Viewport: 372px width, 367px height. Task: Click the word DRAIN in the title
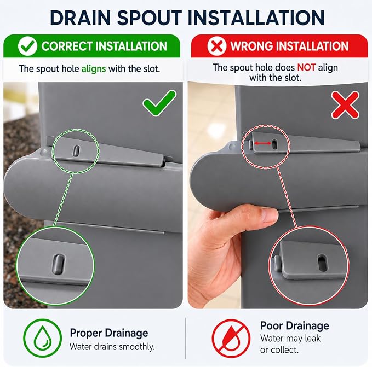[81, 18]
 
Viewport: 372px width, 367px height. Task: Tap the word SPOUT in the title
[150, 18]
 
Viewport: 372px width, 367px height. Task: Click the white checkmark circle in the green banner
[27, 46]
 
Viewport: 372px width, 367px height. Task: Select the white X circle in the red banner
[217, 46]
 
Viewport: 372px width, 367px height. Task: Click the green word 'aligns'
[94, 69]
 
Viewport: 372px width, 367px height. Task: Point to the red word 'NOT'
[306, 67]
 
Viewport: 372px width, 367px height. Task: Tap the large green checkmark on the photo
[159, 103]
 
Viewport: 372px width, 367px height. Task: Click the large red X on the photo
[345, 105]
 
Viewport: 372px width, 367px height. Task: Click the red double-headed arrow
[262, 143]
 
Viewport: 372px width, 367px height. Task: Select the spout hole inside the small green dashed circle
[76, 151]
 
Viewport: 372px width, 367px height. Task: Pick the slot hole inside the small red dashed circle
[274, 144]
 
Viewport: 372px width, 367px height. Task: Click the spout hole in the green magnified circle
[58, 264]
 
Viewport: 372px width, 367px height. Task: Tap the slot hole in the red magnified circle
[322, 263]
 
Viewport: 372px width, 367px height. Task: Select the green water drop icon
[43, 338]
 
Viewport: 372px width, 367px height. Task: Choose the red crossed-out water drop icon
[231, 338]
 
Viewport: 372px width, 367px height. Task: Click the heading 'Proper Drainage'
[109, 334]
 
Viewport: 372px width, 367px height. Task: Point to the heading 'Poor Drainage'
[294, 326]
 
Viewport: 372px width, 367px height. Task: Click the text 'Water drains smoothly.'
[112, 347]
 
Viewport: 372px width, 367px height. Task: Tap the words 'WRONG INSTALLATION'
[289, 46]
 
